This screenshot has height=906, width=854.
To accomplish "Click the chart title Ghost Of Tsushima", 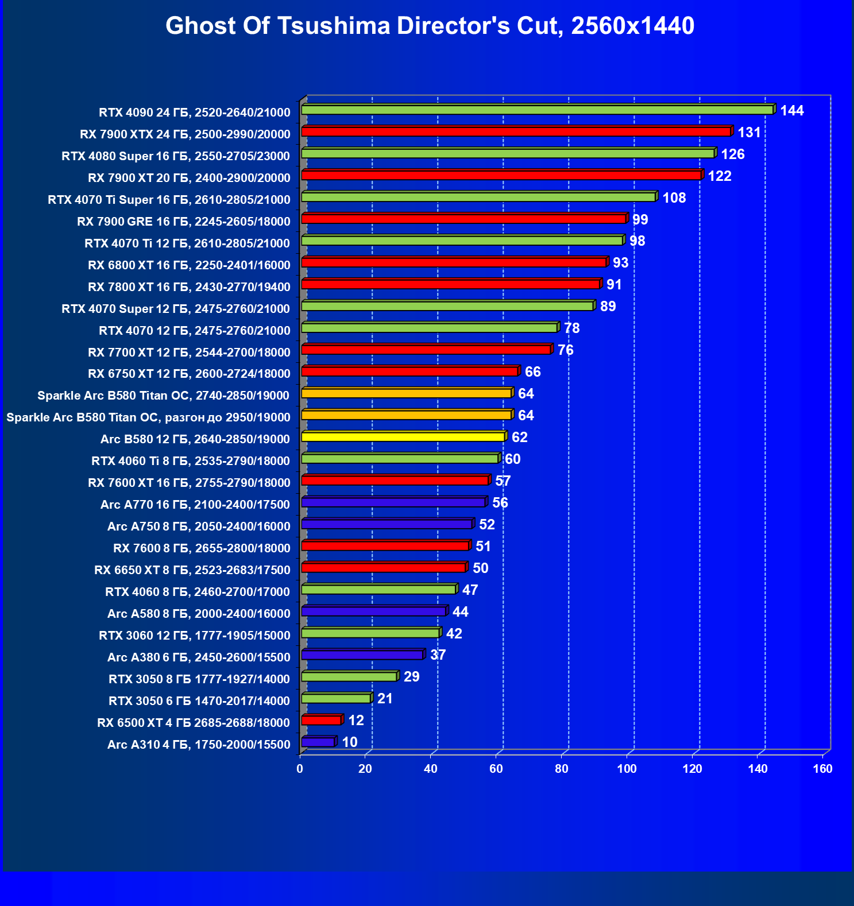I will pos(430,26).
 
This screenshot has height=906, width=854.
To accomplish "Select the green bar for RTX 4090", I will pos(537,110).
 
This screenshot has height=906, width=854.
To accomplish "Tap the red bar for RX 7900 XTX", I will pos(516,131).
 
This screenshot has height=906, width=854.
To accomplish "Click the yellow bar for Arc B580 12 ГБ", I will pos(403,437).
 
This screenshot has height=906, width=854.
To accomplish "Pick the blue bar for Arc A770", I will pos(393,502).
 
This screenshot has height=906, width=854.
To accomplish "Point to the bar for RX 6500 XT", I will pos(321,720).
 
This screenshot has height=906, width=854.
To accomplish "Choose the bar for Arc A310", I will pos(318,742).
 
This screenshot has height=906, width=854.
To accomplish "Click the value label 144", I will pos(791,111).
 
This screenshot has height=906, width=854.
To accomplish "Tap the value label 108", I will pos(674,198).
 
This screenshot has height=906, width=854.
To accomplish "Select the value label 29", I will pos(411,677).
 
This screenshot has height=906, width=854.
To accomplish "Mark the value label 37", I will pos(438,655).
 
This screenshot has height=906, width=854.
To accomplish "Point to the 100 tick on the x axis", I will pos(627,769).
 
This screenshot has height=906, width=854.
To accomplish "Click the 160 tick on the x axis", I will pos(822,769).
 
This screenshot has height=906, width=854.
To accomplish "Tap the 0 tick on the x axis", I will pos(300,769).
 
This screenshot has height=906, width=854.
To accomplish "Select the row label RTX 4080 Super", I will pos(176,156).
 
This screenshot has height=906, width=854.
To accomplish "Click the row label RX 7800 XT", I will pos(189,287).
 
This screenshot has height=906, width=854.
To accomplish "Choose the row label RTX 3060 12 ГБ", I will pos(194,636).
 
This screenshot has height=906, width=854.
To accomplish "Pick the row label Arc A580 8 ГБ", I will pos(199,614).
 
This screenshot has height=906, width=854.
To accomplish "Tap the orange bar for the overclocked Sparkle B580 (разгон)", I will pos(406,415).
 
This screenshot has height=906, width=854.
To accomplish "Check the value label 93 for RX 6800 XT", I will pos(620,263).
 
